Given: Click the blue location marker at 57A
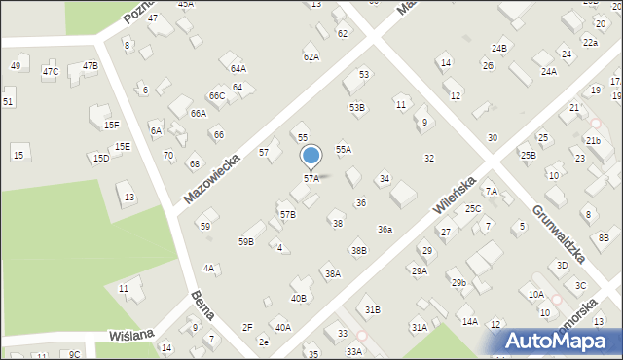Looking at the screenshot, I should tap(311, 157).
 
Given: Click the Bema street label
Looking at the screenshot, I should tap(203, 309).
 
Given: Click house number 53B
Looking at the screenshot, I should tap(357, 107).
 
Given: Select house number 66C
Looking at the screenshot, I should tap(217, 95).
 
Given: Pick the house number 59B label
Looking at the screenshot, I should tap(246, 241).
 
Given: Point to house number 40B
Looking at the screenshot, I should tap(299, 298).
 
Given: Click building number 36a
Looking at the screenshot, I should tap(385, 229).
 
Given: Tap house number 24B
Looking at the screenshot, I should tap(499, 48).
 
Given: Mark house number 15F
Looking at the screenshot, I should tap(112, 125).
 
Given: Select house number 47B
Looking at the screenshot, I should tap(91, 66).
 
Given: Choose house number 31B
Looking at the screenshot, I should tap(373, 309).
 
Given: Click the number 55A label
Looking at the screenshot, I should tap(344, 149).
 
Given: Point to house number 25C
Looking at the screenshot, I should tap(473, 209).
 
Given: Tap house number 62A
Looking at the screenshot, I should tap(311, 57).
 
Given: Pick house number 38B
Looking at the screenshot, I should tap(359, 251).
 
